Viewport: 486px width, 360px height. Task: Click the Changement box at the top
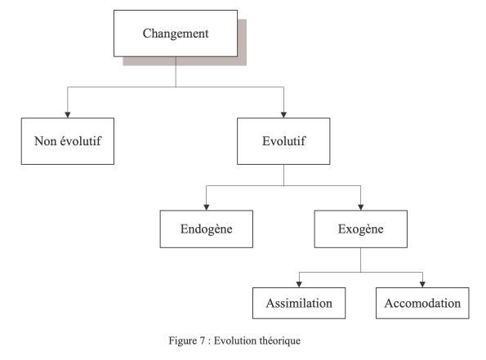pyautogui.click(x=176, y=33)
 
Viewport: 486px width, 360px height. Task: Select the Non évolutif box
pyautogui.click(x=68, y=141)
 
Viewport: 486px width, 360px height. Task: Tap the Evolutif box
pyautogui.click(x=283, y=141)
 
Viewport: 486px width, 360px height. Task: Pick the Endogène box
pyautogui.click(x=207, y=229)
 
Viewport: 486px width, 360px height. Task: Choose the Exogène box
pyautogui.click(x=361, y=229)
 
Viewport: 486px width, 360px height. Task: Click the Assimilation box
pyautogui.click(x=299, y=303)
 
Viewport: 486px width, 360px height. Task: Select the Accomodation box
pyautogui.click(x=422, y=303)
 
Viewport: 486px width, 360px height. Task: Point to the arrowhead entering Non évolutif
pyautogui.click(x=68, y=115)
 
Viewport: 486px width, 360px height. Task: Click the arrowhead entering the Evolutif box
pyautogui.click(x=283, y=115)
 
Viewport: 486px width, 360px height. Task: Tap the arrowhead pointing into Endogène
pyautogui.click(x=207, y=207)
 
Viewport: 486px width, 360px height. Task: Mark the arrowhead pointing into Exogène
pyautogui.click(x=361, y=207)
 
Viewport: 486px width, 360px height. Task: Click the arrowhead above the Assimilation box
pyautogui.click(x=299, y=285)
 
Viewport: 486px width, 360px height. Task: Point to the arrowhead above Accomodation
pyautogui.click(x=422, y=285)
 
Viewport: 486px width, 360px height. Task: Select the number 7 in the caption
pyautogui.click(x=203, y=340)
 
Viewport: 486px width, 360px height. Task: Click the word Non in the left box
pyautogui.click(x=45, y=141)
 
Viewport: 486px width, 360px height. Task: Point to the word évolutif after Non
pyautogui.click(x=81, y=141)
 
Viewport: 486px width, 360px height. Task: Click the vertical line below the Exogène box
pyautogui.click(x=361, y=260)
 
